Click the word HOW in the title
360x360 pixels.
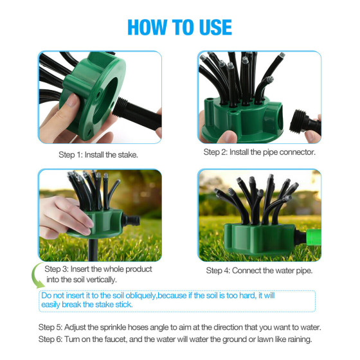pos(147,27)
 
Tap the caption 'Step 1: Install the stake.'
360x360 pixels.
pos(98,155)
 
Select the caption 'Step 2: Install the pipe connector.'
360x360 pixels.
pos(260,152)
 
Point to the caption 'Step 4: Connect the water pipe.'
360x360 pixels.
pos(259,271)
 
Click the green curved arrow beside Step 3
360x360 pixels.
pos(35,276)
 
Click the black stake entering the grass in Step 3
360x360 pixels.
pos(93,249)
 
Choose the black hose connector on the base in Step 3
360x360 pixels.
pos(130,221)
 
